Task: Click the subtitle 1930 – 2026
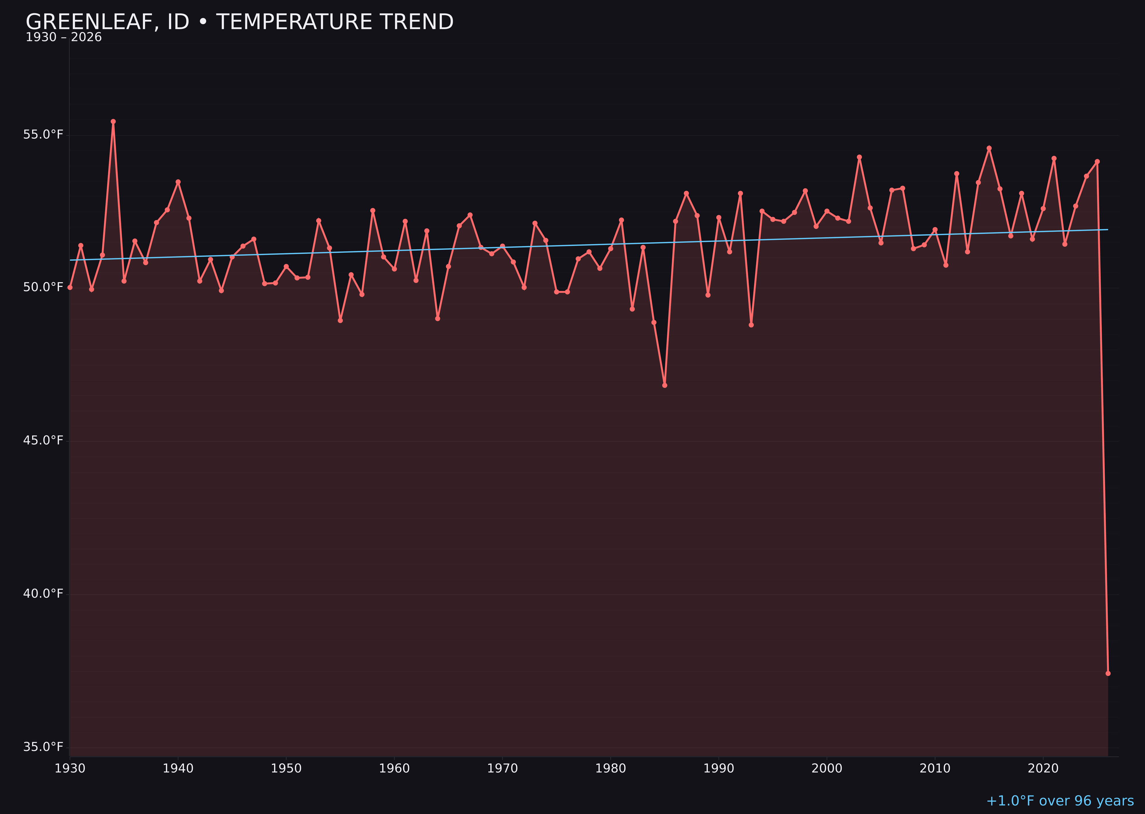click(64, 37)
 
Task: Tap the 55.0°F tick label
click(43, 135)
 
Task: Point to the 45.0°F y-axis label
click(43, 440)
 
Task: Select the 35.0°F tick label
click(43, 747)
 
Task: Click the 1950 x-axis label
click(286, 768)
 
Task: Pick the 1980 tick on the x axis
click(611, 768)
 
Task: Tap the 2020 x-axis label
click(1043, 768)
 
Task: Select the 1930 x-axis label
click(70, 768)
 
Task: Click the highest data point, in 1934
click(113, 121)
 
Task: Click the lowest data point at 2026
click(1108, 673)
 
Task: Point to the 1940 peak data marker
click(178, 182)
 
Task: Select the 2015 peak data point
click(989, 148)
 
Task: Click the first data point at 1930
click(70, 287)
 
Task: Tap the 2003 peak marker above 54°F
click(859, 157)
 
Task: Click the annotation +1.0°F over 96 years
click(1060, 801)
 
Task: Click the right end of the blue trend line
click(1108, 230)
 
